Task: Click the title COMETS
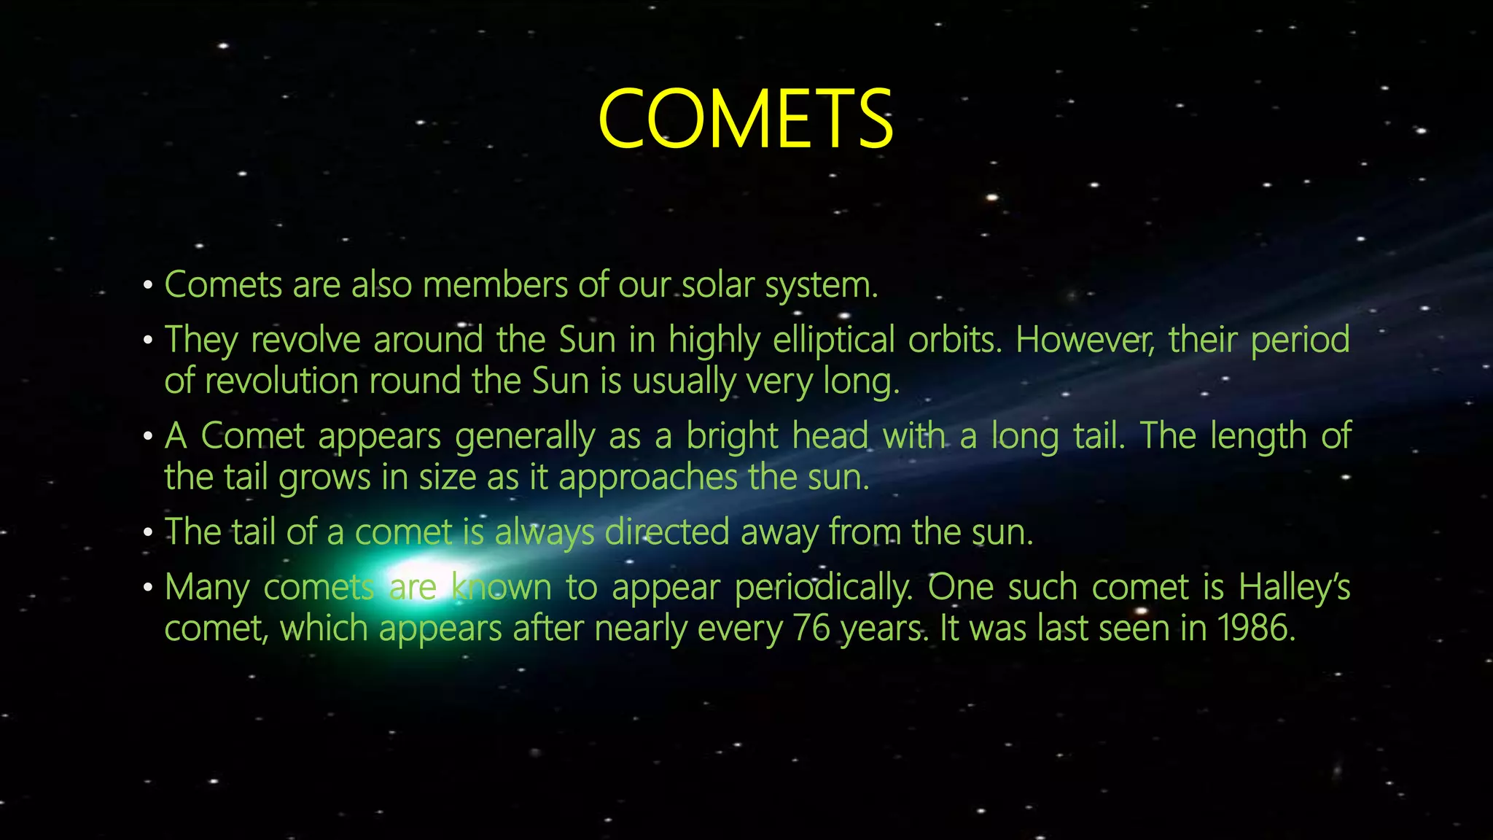[745, 119]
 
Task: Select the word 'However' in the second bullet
[1084, 340]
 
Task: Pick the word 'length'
[1258, 436]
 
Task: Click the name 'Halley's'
[1294, 588]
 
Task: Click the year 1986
[1255, 629]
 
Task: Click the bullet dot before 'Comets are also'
[148, 285]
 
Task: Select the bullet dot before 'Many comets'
[148, 588]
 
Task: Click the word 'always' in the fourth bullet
[544, 532]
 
